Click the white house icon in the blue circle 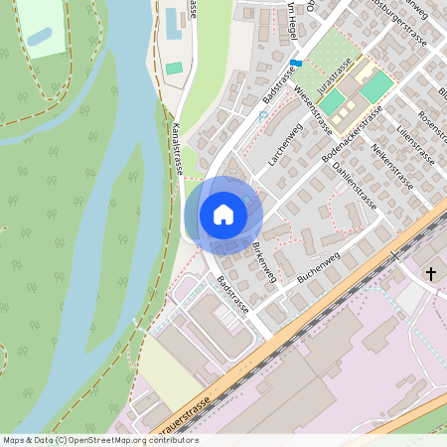(223, 214)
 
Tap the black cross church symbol (431, 273)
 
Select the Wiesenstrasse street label (312, 109)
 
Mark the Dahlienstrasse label (355, 183)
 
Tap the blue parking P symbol (263, 116)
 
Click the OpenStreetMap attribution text (100, 440)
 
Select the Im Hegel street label (291, 17)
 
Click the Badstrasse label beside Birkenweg (229, 295)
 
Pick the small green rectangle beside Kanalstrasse (175, 69)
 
